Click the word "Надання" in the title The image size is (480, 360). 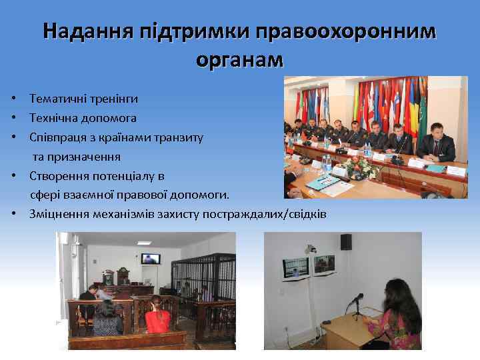(86, 31)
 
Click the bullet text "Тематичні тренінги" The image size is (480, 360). (83, 99)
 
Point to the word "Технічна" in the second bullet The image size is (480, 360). (53, 118)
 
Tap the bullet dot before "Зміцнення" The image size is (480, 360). (14, 215)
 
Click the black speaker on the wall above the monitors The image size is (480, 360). (346, 241)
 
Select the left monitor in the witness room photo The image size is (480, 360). (295, 267)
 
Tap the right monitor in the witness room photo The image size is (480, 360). (326, 265)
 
